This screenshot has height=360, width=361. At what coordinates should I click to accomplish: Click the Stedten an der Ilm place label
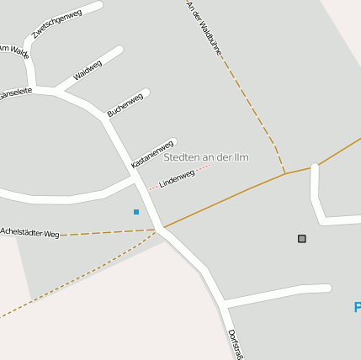click(x=206, y=157)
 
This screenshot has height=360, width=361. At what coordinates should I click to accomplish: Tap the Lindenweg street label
click(x=177, y=177)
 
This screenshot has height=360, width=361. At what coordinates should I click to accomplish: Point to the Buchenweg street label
click(x=125, y=105)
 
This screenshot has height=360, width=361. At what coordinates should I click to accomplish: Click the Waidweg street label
click(x=88, y=70)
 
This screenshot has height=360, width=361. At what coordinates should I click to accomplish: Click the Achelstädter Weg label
click(x=30, y=232)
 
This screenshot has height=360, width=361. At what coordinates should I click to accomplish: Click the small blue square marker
click(x=136, y=212)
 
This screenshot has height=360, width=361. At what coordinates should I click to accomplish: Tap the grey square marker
click(x=302, y=239)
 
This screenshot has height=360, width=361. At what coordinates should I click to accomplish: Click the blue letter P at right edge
click(x=357, y=308)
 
